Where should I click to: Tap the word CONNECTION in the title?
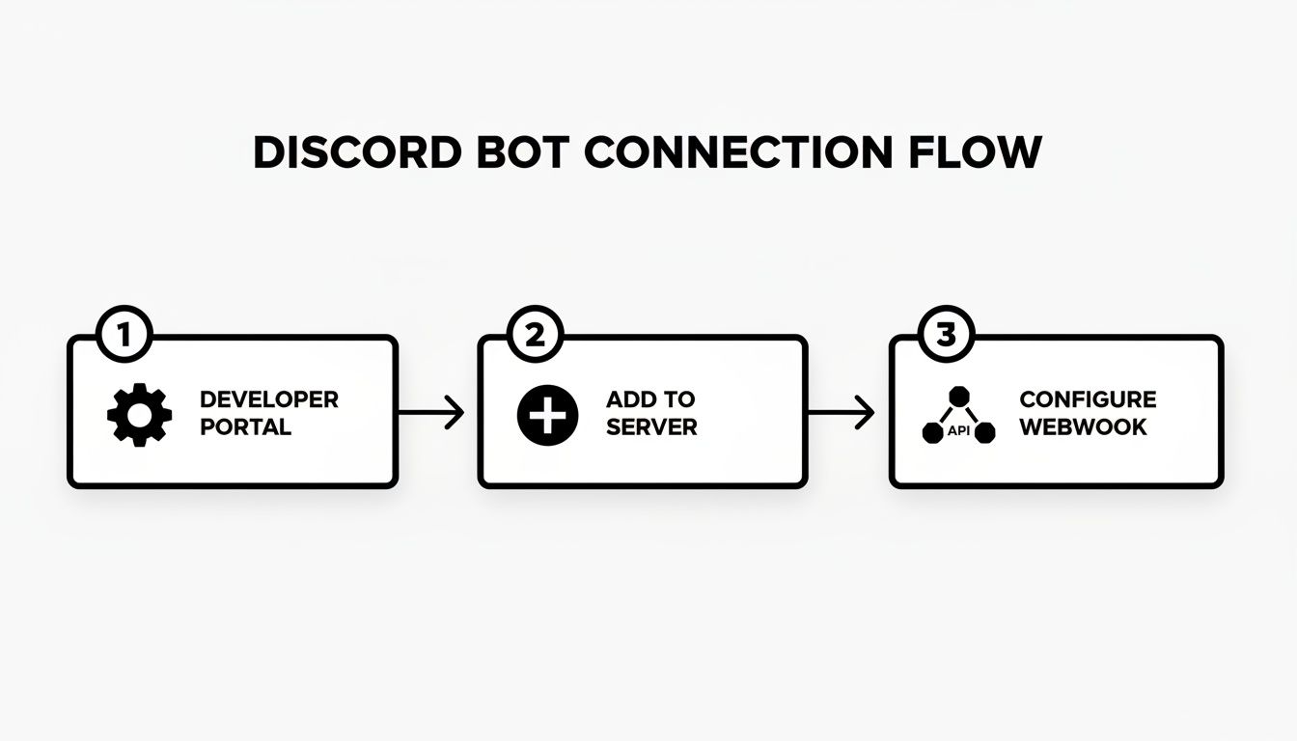(x=737, y=153)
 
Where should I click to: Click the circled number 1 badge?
(x=124, y=336)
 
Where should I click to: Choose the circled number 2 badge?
(x=534, y=336)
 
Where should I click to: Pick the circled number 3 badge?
(x=946, y=336)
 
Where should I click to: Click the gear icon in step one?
(x=140, y=415)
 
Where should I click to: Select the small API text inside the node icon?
(x=958, y=431)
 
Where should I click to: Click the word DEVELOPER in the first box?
(x=268, y=399)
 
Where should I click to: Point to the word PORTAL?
(x=245, y=427)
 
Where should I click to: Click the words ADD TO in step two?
(x=650, y=399)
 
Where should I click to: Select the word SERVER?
(x=651, y=427)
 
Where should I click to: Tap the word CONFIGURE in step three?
(x=1088, y=399)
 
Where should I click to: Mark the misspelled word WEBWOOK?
(x=1083, y=427)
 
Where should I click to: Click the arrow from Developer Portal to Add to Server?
(x=431, y=413)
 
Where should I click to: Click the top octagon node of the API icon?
(x=959, y=397)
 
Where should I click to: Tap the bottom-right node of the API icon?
(x=984, y=433)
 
